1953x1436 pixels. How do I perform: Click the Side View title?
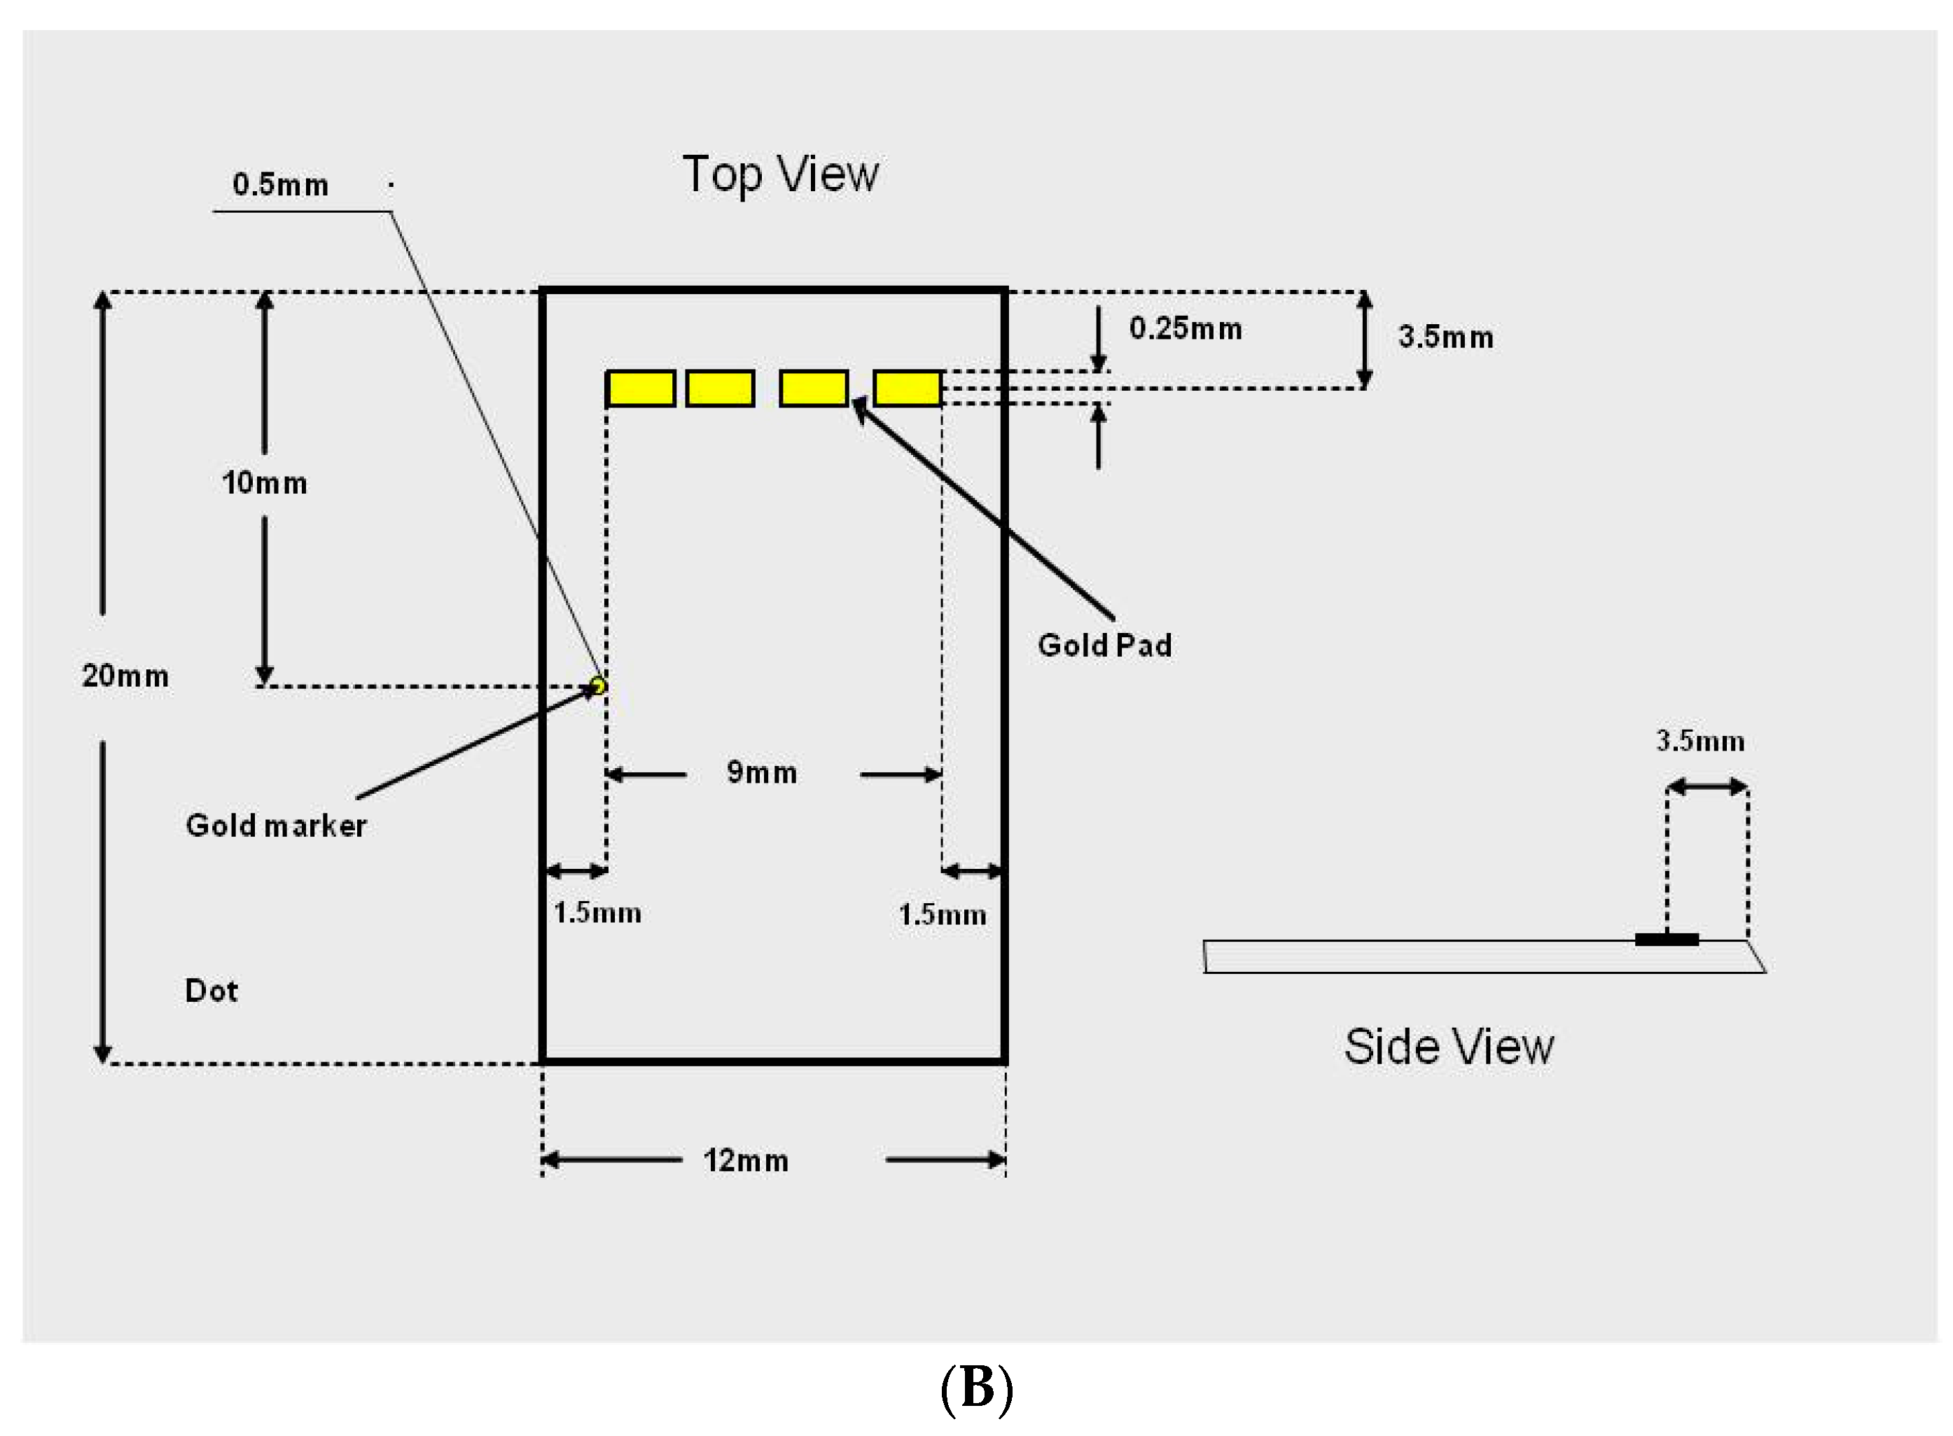(x=1448, y=1046)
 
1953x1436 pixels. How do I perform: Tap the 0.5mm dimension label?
(x=280, y=185)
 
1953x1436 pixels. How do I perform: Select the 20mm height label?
(x=125, y=676)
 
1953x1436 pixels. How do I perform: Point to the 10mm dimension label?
(x=264, y=483)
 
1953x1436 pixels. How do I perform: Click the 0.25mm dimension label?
(x=1185, y=328)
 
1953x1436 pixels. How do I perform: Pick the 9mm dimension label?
(x=761, y=772)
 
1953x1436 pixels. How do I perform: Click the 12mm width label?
(x=745, y=1160)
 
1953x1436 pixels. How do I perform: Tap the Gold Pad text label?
(x=1104, y=645)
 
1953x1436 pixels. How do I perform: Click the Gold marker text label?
(x=275, y=825)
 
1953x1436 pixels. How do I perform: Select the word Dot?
(x=211, y=991)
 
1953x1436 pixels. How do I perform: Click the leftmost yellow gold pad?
(x=641, y=389)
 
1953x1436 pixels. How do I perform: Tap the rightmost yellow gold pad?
(x=907, y=389)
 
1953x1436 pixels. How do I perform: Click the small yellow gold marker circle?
(x=598, y=686)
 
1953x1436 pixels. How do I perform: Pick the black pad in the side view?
(x=1665, y=939)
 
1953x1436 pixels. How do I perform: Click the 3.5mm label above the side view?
(x=1700, y=741)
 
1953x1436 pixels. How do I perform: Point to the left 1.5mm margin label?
(x=597, y=913)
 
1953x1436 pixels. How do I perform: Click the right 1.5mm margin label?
(x=941, y=914)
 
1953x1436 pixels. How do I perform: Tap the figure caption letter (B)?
(x=976, y=1387)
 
